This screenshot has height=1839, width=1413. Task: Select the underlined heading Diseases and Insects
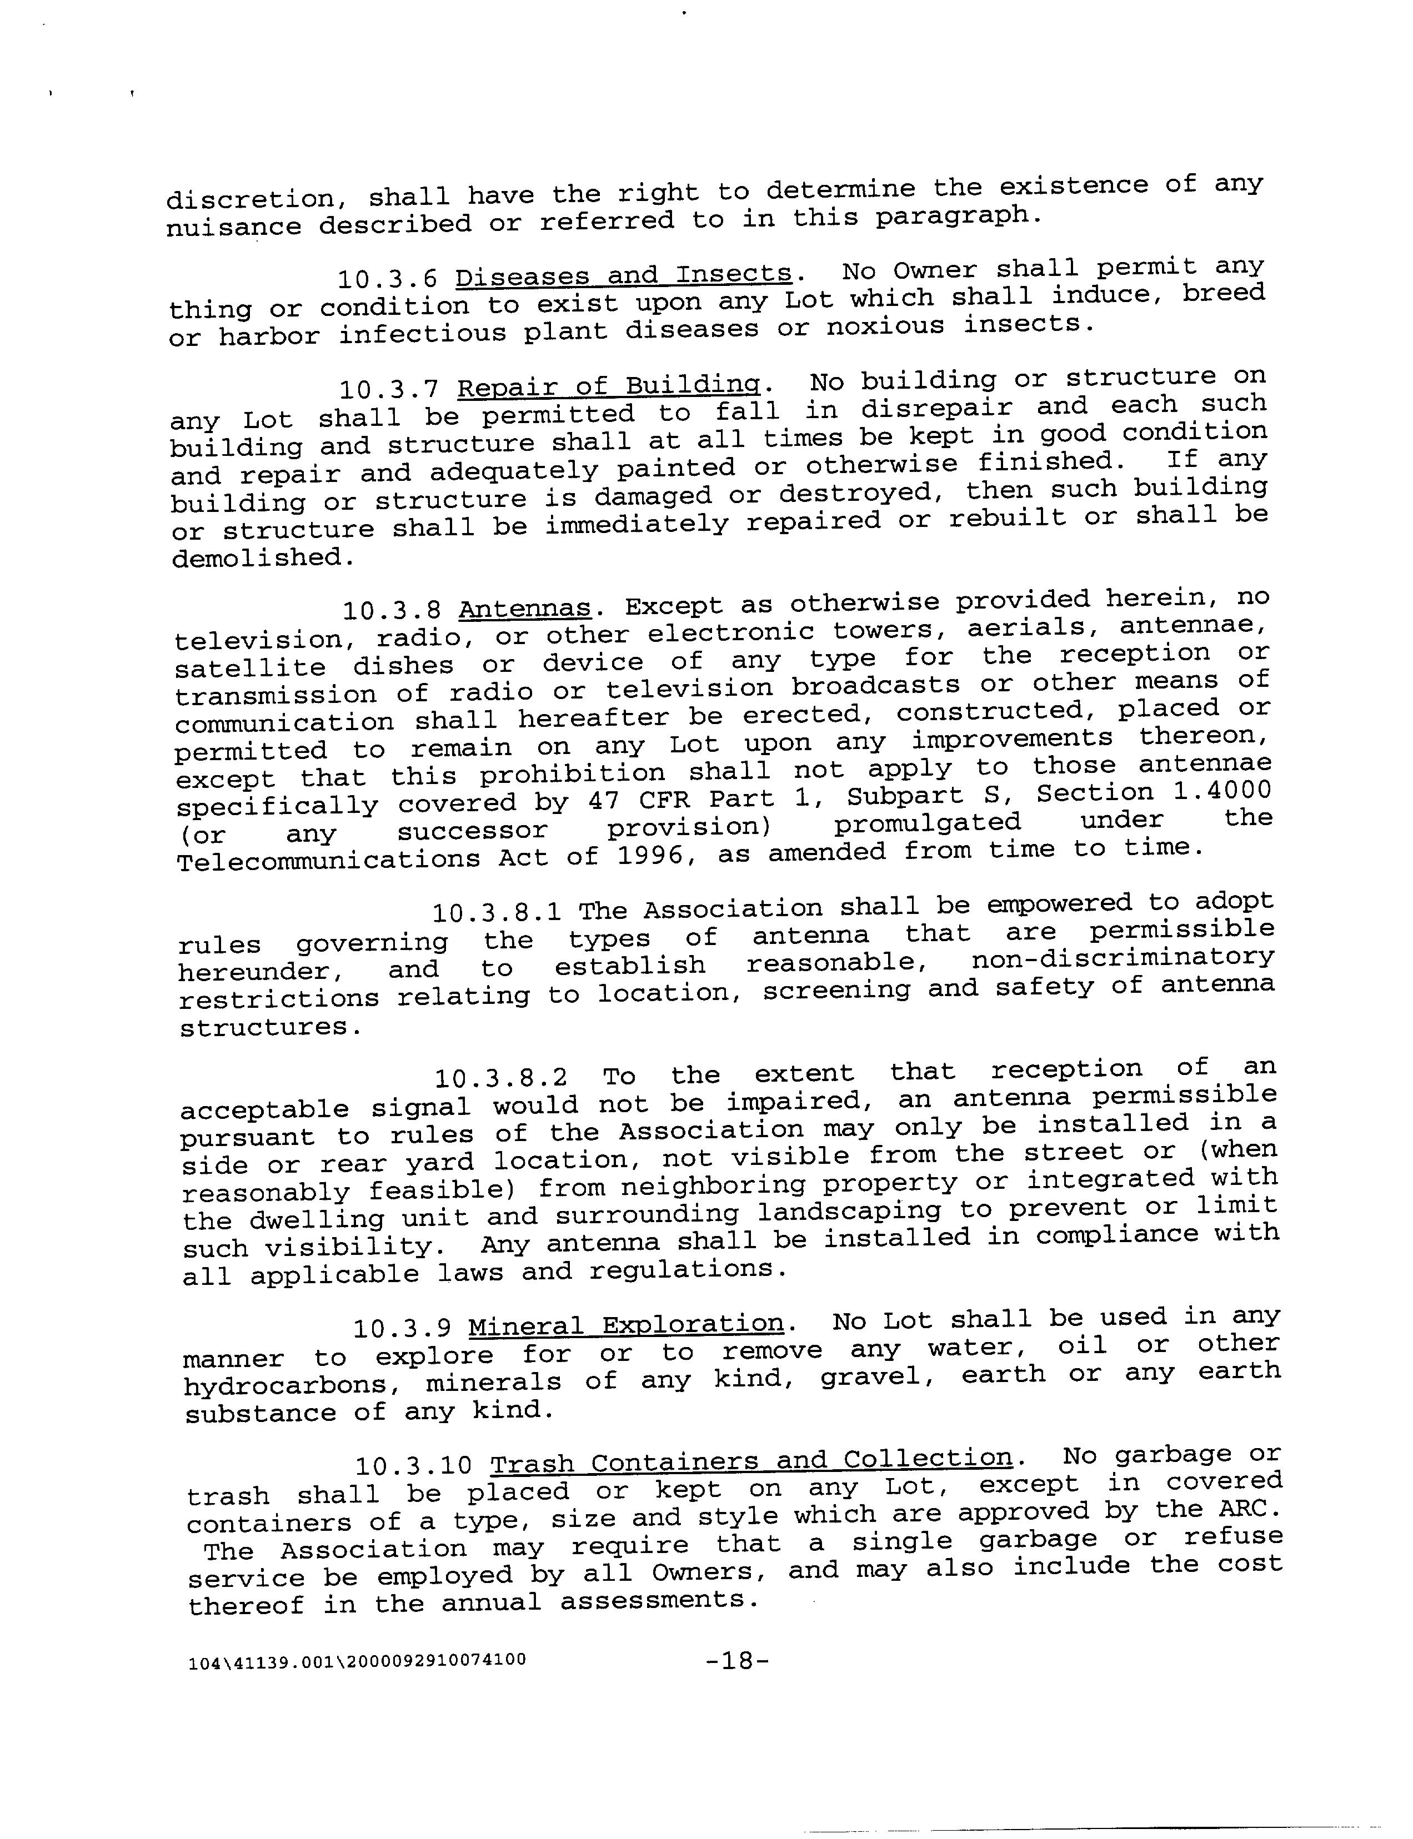pyautogui.click(x=623, y=274)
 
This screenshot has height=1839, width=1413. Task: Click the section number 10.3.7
pyautogui.click(x=389, y=389)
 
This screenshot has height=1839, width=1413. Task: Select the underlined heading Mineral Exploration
pyautogui.click(x=626, y=1324)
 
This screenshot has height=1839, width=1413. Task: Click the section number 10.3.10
pyautogui.click(x=414, y=1466)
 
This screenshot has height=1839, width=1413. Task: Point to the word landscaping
pyautogui.click(x=849, y=1212)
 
